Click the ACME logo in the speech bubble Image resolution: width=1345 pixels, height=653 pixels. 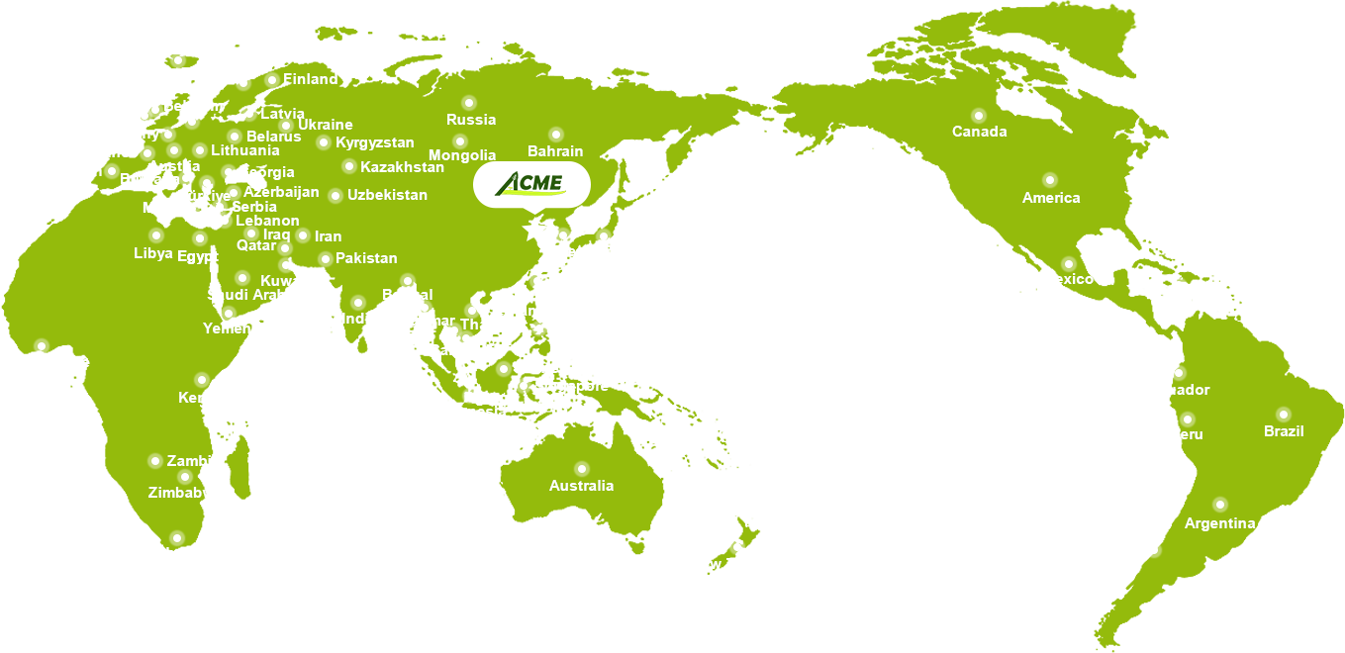click(x=530, y=183)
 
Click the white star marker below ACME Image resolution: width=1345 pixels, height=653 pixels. click(x=535, y=230)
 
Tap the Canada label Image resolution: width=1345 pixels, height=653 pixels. click(x=979, y=132)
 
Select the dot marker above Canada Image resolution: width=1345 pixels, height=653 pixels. click(x=979, y=115)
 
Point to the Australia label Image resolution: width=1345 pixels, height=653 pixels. click(x=581, y=486)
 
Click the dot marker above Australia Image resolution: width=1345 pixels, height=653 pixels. click(x=582, y=469)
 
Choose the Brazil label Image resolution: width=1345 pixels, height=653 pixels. click(x=1284, y=431)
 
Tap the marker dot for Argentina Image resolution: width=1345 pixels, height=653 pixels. click(x=1220, y=505)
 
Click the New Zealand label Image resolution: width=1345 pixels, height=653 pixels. click(x=736, y=564)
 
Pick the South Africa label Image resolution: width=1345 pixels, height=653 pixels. click(x=176, y=553)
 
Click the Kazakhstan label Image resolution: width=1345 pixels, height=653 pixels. click(x=402, y=167)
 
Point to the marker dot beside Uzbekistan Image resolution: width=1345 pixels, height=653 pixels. click(x=336, y=196)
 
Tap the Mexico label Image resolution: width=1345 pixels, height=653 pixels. click(x=1068, y=279)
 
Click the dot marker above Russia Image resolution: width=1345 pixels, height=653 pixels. click(x=469, y=103)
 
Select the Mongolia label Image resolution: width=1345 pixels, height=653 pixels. click(x=462, y=155)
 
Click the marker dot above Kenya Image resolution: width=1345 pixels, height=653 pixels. click(x=202, y=380)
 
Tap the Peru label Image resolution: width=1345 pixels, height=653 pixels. click(x=1187, y=434)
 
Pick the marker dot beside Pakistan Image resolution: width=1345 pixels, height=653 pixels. click(x=326, y=259)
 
